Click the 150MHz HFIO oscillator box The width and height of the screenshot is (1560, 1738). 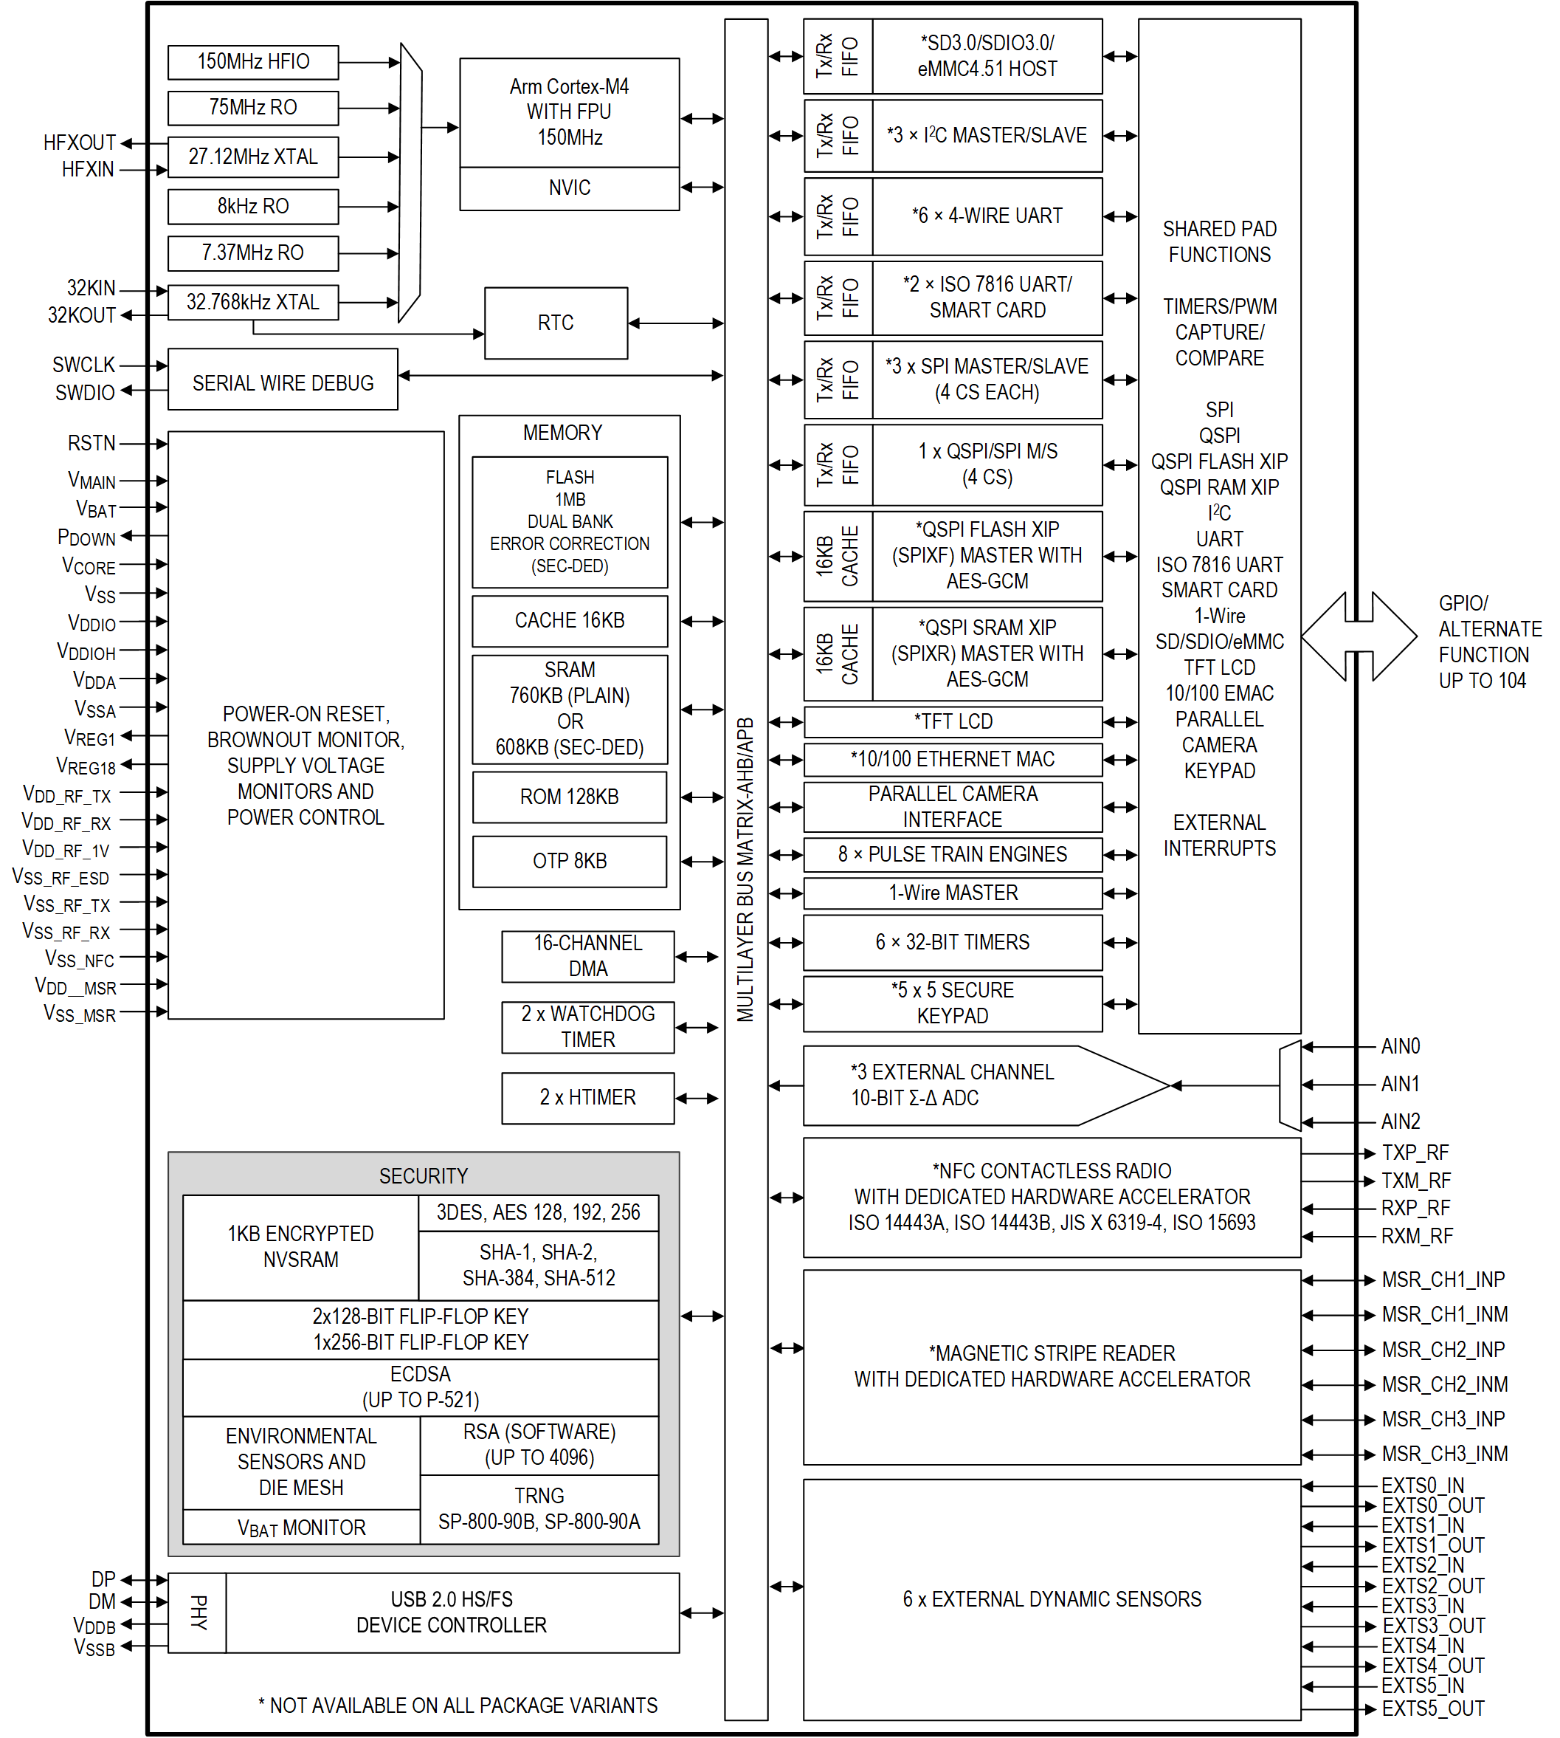[x=253, y=62]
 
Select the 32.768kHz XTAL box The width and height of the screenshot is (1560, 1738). [x=253, y=302]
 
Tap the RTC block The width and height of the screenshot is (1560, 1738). [x=556, y=323]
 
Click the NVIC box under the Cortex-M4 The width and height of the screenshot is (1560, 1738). [x=569, y=188]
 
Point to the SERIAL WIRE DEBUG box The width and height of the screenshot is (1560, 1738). [x=283, y=382]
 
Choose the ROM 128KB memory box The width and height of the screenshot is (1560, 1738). [x=569, y=797]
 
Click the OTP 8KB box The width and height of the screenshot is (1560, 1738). [x=569, y=861]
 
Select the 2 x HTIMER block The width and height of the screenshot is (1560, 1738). [x=587, y=1097]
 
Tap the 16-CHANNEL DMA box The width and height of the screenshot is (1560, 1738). [x=587, y=956]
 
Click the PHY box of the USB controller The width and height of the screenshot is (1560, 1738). [x=198, y=1612]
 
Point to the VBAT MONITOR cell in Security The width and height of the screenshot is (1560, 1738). [x=301, y=1527]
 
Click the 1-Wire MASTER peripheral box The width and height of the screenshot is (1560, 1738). [x=952, y=893]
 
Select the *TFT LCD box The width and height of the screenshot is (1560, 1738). [x=952, y=721]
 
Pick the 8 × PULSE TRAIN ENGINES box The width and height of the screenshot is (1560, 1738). [x=952, y=854]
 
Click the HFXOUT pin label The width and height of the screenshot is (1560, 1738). [x=79, y=142]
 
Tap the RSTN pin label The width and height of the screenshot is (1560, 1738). [x=91, y=442]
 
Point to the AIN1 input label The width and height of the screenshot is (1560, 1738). [x=1400, y=1084]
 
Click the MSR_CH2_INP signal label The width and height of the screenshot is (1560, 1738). [x=1443, y=1350]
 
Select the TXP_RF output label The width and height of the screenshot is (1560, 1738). [x=1415, y=1153]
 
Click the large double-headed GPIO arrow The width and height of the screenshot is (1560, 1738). [x=1359, y=636]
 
